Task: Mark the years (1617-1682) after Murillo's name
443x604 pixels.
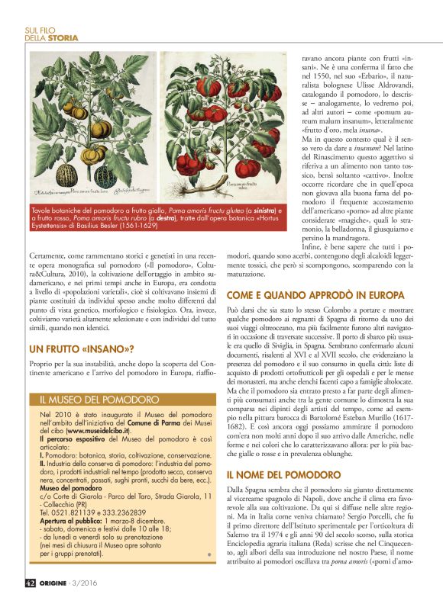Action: (x=401, y=419)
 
